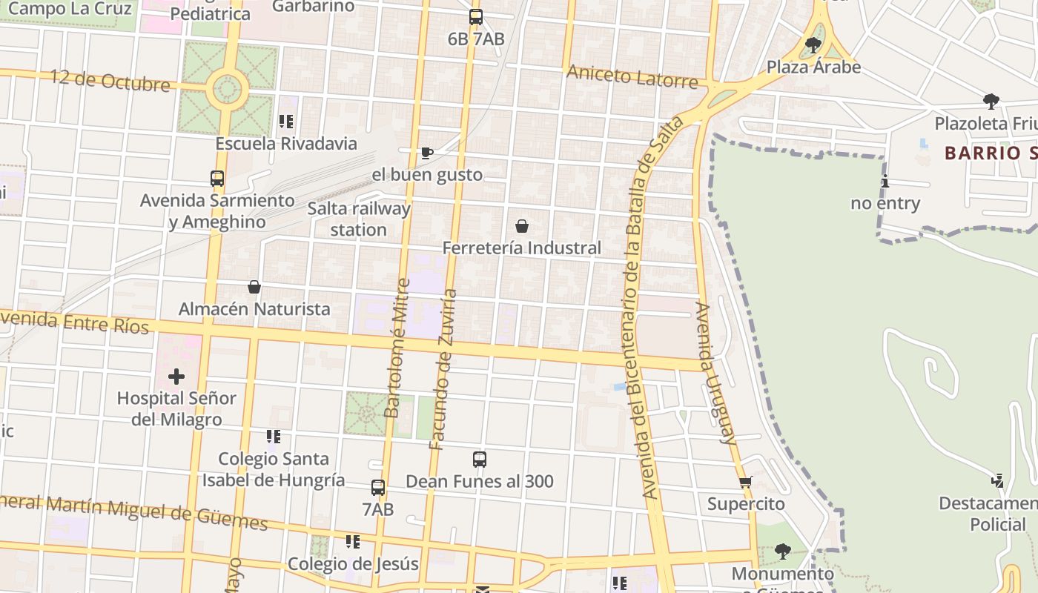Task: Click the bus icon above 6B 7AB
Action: (x=475, y=16)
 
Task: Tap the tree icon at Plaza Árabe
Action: (x=813, y=44)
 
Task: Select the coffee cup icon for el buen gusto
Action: (x=426, y=153)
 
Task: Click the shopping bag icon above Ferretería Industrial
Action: (x=522, y=225)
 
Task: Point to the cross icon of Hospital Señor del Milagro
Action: (x=176, y=377)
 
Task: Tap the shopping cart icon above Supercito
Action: (x=746, y=482)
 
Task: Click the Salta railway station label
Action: (x=359, y=219)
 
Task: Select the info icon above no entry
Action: (x=885, y=181)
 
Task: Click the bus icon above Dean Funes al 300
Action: (x=480, y=460)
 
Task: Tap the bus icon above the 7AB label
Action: (x=378, y=488)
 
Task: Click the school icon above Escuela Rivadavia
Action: (x=286, y=122)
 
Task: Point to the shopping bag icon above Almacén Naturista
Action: (x=254, y=287)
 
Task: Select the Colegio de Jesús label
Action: (x=353, y=563)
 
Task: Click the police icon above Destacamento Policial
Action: (x=997, y=481)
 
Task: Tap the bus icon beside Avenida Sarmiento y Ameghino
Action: (x=216, y=179)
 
